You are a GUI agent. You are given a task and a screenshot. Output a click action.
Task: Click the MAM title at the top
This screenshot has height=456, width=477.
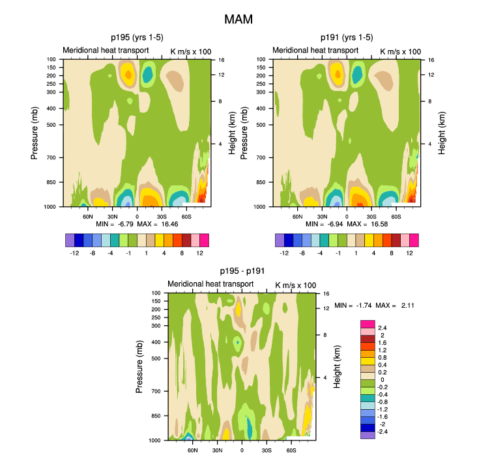(238, 20)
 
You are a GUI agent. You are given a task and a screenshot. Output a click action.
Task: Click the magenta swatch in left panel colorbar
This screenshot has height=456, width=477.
(203, 240)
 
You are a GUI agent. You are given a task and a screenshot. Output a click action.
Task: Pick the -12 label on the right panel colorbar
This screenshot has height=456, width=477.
(284, 252)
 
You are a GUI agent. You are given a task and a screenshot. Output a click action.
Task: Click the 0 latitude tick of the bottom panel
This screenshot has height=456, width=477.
(242, 449)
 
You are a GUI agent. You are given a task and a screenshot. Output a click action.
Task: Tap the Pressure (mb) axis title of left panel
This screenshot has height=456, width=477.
(35, 133)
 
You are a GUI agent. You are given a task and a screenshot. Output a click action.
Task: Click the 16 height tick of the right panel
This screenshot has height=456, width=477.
(431, 59)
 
